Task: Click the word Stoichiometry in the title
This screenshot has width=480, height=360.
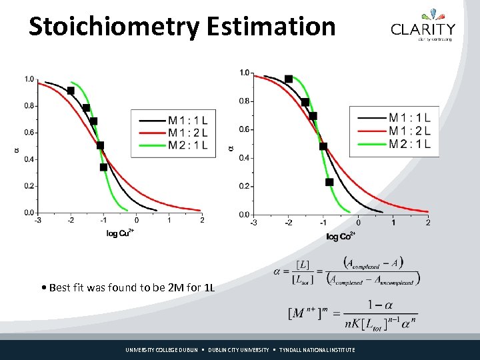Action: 114,27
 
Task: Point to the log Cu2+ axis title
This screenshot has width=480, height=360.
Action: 120,233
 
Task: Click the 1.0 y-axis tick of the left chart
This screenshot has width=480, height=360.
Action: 29,79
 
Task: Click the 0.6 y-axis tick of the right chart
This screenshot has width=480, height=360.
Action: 245,129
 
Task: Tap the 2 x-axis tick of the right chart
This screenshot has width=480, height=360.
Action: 427,222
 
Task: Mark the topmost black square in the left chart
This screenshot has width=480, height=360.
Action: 71,91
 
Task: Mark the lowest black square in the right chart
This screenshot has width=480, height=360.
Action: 329,182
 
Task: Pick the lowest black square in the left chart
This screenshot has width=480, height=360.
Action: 103,167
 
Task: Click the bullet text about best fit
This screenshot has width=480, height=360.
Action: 127,288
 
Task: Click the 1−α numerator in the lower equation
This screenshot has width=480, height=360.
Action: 378,305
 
